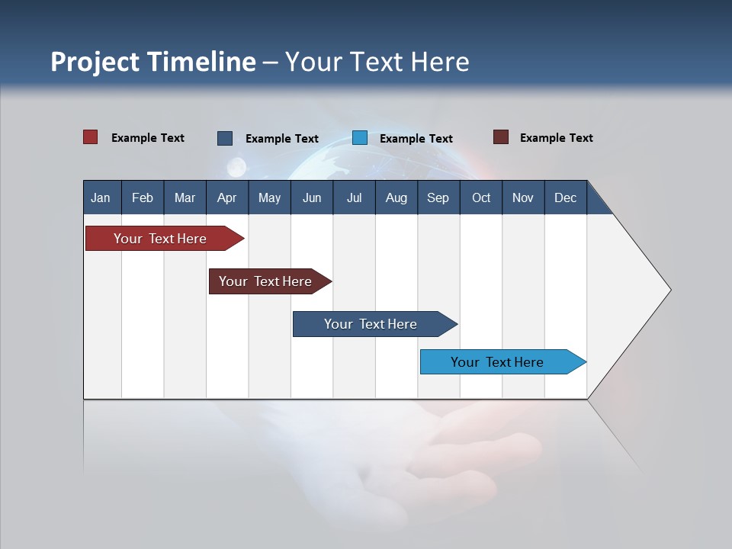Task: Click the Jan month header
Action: click(x=101, y=197)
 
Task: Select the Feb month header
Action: click(x=143, y=197)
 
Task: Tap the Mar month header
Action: click(x=185, y=197)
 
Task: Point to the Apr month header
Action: click(x=226, y=197)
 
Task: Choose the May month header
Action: click(x=269, y=197)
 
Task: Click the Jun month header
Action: click(x=312, y=197)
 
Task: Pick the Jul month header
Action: click(x=354, y=197)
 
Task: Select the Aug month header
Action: click(x=396, y=197)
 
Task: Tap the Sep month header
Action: click(x=438, y=197)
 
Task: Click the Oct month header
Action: click(x=481, y=197)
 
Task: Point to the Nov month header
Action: click(x=523, y=197)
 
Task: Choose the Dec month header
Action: click(x=566, y=197)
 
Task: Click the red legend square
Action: click(x=91, y=137)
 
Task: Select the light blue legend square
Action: click(x=360, y=138)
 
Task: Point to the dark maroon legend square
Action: click(x=501, y=137)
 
